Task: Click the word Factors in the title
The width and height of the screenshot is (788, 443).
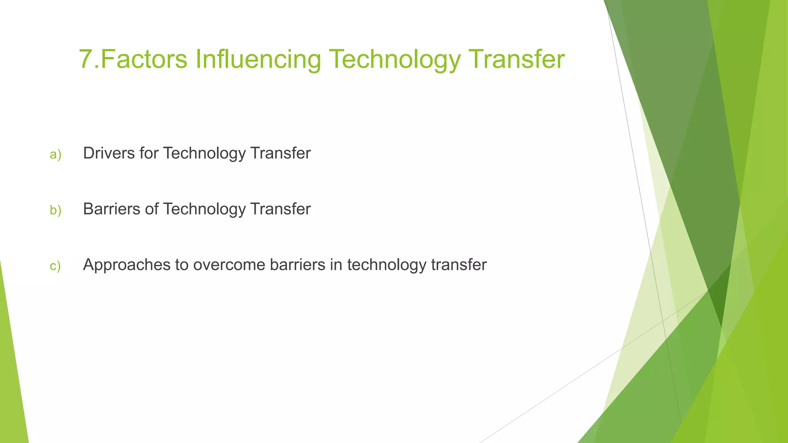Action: pos(144,59)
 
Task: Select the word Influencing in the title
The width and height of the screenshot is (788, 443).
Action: pos(258,59)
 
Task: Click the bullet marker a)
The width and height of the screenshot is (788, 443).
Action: pos(55,155)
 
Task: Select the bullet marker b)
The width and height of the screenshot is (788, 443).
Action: pos(55,210)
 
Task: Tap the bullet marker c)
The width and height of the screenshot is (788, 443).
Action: pos(55,266)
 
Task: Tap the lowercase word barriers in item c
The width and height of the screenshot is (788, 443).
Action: pos(297,265)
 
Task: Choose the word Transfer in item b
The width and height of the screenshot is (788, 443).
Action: pos(280,209)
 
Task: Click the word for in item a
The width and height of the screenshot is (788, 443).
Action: pos(149,153)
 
